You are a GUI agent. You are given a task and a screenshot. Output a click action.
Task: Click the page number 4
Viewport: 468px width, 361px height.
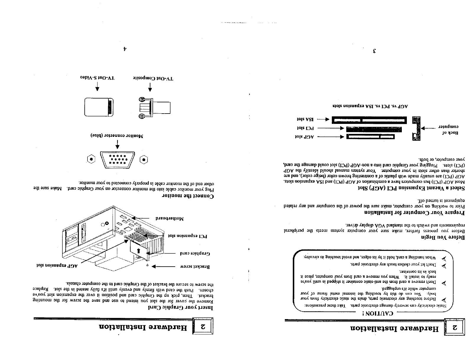click(125, 49)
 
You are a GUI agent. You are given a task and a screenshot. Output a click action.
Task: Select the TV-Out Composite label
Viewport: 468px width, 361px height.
click(153, 79)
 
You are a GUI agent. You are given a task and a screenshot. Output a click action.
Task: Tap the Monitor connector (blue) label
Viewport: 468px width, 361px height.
click(117, 136)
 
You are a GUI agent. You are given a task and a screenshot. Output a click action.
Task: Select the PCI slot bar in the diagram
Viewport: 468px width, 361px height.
click(373, 129)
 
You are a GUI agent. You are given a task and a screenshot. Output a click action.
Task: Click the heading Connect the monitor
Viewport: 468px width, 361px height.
click(188, 196)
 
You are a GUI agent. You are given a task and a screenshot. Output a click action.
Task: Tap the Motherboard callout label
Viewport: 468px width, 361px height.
click(170, 219)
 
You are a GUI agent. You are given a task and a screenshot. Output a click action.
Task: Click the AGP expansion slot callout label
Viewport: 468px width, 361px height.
click(57, 265)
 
